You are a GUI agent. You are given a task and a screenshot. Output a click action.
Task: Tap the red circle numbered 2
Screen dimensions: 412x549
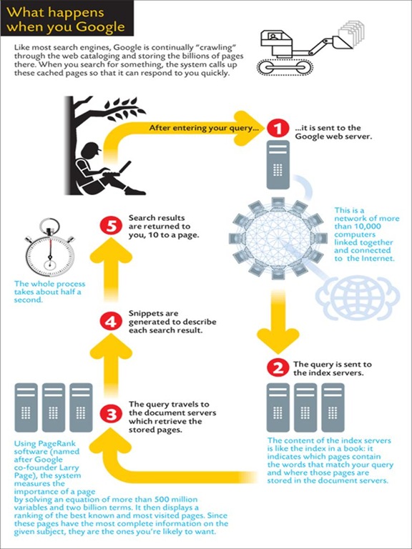pyautogui.click(x=278, y=369)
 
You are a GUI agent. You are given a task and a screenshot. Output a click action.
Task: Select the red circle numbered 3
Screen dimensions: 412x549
pyautogui.click(x=111, y=415)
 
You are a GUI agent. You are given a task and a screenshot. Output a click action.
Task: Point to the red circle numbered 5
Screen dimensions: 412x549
pyautogui.click(x=111, y=227)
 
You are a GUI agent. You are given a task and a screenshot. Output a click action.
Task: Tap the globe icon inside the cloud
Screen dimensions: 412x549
pyautogui.click(x=358, y=295)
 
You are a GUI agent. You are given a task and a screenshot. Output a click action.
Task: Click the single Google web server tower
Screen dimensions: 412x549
pyautogui.click(x=278, y=164)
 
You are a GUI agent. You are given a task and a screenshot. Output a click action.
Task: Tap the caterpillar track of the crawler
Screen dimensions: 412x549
pyautogui.click(x=284, y=67)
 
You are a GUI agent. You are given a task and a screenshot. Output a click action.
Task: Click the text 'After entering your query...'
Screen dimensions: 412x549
pyautogui.click(x=202, y=128)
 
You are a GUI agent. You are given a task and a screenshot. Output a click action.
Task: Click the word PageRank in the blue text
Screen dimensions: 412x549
pyautogui.click(x=53, y=444)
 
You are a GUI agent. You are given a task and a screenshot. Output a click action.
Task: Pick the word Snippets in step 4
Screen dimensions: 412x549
pyautogui.click(x=144, y=314)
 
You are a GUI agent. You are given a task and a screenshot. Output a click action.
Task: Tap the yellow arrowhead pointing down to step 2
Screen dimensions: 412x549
pyautogui.click(x=278, y=342)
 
